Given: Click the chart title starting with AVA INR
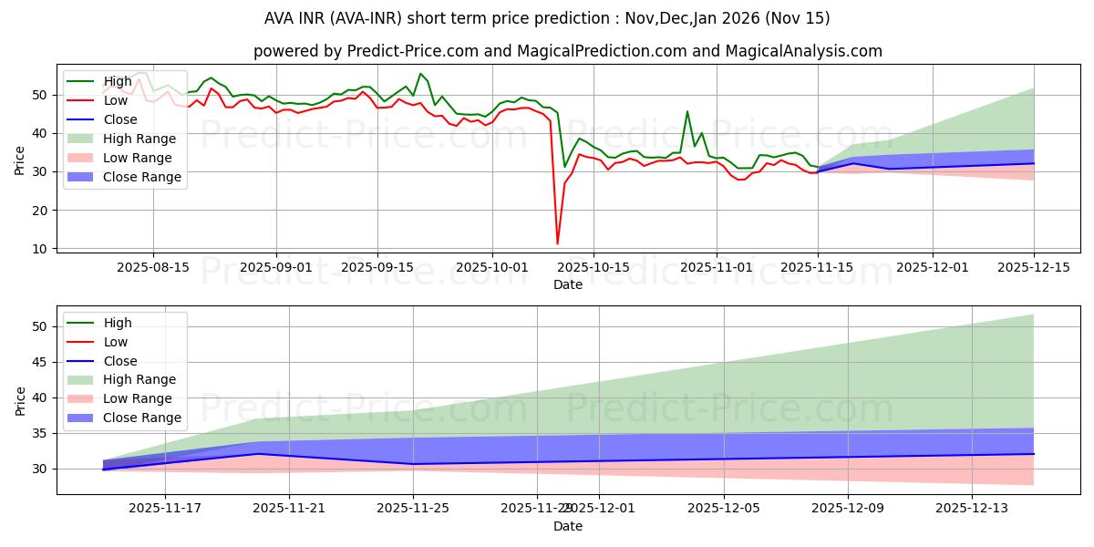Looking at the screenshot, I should coord(546,18).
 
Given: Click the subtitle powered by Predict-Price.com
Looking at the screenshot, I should coord(567,51).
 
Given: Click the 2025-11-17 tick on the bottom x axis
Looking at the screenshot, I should coord(165,509).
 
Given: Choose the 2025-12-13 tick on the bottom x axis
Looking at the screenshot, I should coord(972,509).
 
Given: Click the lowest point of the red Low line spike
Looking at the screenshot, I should coord(557,243).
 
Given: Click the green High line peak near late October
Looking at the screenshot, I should coord(687,111).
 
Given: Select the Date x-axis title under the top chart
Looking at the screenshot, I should coord(567,284).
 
